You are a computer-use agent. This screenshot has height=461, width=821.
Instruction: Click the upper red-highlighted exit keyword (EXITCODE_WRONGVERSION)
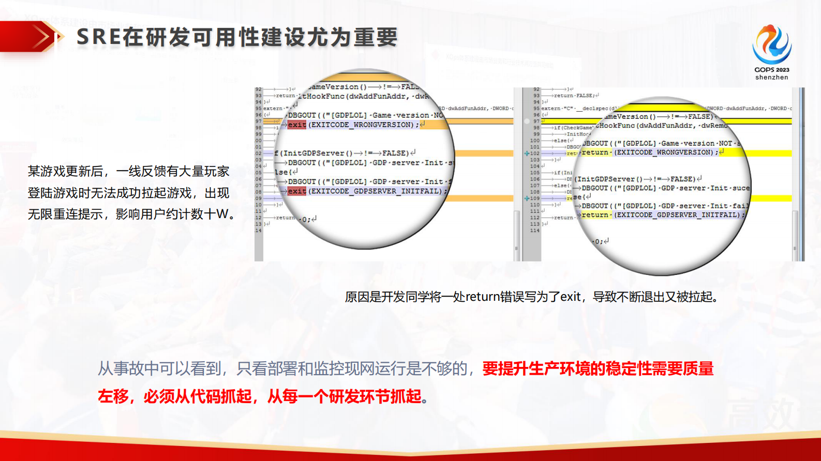click(x=297, y=125)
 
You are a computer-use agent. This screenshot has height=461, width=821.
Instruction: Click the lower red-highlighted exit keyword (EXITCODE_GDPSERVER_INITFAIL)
click(x=297, y=191)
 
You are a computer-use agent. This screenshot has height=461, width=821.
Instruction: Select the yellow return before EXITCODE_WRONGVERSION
click(x=595, y=152)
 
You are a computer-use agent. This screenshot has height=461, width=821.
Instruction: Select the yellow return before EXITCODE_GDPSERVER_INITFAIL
click(x=595, y=215)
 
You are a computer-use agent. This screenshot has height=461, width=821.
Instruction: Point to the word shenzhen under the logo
click(x=771, y=78)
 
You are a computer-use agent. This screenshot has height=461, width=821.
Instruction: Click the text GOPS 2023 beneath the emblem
click(x=771, y=70)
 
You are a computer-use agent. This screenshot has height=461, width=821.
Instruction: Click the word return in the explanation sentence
click(x=482, y=297)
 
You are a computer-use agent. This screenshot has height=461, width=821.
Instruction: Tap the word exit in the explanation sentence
click(x=571, y=297)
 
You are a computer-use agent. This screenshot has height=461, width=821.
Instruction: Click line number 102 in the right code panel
click(x=534, y=153)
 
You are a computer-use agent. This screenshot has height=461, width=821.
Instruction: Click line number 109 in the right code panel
click(x=534, y=198)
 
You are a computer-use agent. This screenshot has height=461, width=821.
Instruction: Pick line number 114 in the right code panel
click(x=534, y=230)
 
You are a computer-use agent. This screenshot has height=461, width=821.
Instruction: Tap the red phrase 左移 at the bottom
click(x=113, y=396)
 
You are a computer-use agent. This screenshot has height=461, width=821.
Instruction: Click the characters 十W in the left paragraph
click(x=217, y=214)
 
